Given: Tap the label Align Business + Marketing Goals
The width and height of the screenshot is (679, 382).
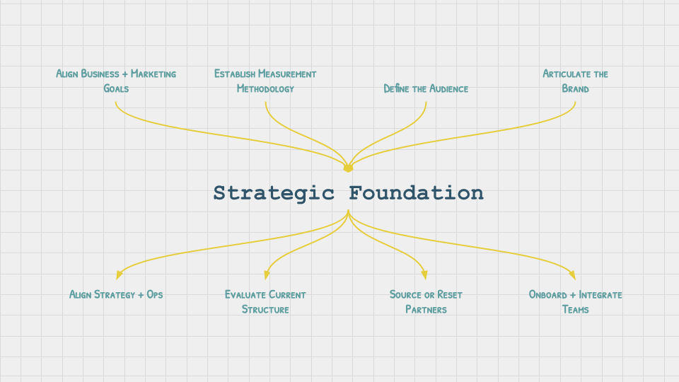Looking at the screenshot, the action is [x=116, y=81].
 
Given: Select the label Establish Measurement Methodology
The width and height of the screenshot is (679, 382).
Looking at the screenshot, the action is [x=265, y=81].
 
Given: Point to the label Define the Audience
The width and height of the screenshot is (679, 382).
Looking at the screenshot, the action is [x=426, y=89].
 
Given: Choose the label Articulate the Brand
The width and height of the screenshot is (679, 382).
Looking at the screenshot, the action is [x=575, y=81].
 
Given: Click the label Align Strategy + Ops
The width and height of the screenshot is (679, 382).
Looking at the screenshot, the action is [x=116, y=294].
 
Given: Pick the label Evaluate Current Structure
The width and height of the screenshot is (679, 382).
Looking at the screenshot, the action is [x=265, y=302].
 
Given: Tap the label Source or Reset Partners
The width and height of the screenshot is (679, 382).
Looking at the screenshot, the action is [x=426, y=302].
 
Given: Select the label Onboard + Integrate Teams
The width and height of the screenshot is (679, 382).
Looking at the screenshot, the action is [x=575, y=302].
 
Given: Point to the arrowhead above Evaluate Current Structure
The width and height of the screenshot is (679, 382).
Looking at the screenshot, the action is [x=267, y=274].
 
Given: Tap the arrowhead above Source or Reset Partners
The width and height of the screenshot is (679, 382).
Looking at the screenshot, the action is [x=424, y=274].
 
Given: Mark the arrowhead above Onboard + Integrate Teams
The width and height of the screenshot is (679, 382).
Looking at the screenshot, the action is [x=573, y=274].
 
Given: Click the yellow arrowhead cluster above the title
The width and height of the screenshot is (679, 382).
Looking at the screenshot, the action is [x=348, y=168].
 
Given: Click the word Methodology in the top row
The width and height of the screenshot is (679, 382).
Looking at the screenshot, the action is [x=265, y=89].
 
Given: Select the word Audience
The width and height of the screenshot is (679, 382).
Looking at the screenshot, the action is [x=446, y=89].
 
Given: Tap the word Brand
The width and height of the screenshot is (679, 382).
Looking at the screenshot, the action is [x=575, y=89].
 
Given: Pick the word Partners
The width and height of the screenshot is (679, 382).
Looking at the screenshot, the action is [x=426, y=310].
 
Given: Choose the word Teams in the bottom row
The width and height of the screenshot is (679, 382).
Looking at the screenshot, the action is [x=575, y=310].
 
